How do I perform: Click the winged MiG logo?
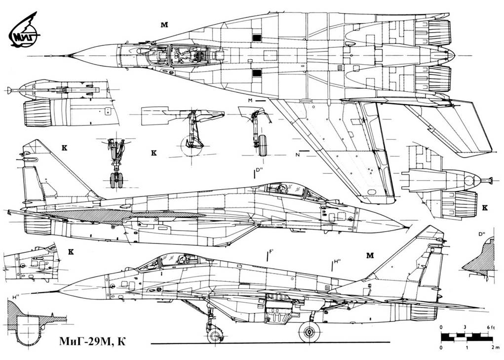click(25, 33)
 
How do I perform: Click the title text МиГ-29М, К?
click(93, 341)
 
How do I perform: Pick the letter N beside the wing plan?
click(298, 155)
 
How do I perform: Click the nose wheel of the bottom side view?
click(214, 336)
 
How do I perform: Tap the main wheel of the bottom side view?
click(309, 331)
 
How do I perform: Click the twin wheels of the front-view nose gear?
click(116, 180)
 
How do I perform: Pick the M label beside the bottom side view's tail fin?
click(370, 255)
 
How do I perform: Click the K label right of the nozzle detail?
click(484, 208)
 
